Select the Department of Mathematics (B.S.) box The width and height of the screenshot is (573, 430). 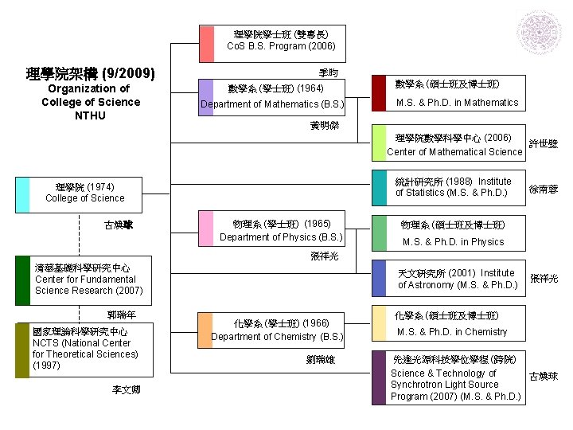272,97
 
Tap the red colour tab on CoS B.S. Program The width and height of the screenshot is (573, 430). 207,44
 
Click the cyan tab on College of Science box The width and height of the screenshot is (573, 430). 23,194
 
